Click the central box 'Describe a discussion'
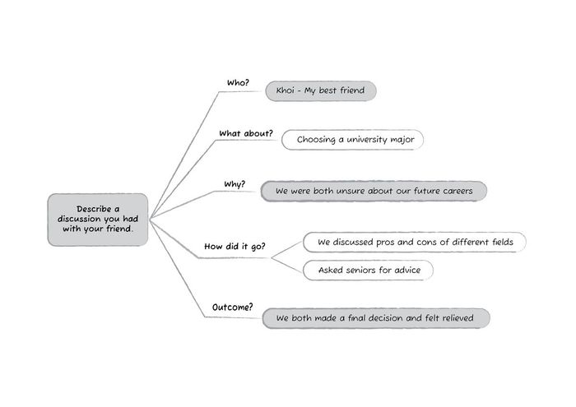(98, 220)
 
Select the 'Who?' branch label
(238, 83)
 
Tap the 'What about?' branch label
(246, 133)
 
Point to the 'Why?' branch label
(235, 184)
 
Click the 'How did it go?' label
(235, 246)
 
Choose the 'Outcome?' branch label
(233, 308)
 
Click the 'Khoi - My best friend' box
(321, 90)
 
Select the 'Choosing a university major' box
(352, 140)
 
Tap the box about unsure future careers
(374, 191)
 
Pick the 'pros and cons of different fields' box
(415, 242)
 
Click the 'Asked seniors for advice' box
(368, 271)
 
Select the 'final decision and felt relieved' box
(376, 318)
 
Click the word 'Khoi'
(285, 90)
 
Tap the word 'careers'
(458, 192)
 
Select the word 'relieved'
(458, 318)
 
